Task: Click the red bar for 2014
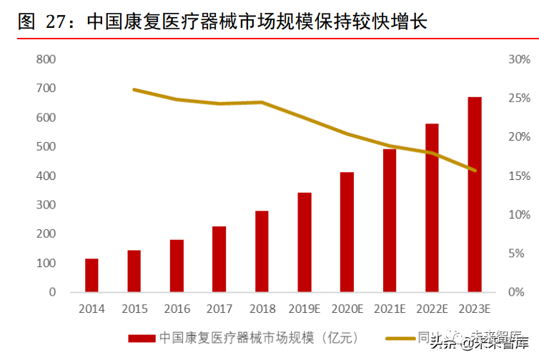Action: [x=92, y=275]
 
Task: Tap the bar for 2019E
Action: [x=305, y=242]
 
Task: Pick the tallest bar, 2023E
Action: [x=475, y=194]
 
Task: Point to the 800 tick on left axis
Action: [x=45, y=59]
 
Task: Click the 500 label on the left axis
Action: [x=45, y=146]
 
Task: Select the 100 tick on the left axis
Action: [x=45, y=263]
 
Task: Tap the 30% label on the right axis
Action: [x=518, y=59]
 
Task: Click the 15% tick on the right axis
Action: [x=518, y=176]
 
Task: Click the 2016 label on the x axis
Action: [x=177, y=309]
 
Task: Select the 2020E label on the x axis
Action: [x=347, y=309]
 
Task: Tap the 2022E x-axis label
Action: [x=432, y=309]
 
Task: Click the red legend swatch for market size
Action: [x=142, y=337]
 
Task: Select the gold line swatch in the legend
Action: [x=401, y=337]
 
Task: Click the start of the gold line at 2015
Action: [x=134, y=89]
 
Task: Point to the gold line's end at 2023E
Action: [x=475, y=170]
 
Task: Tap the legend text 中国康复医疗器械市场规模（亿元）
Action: [x=258, y=337]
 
